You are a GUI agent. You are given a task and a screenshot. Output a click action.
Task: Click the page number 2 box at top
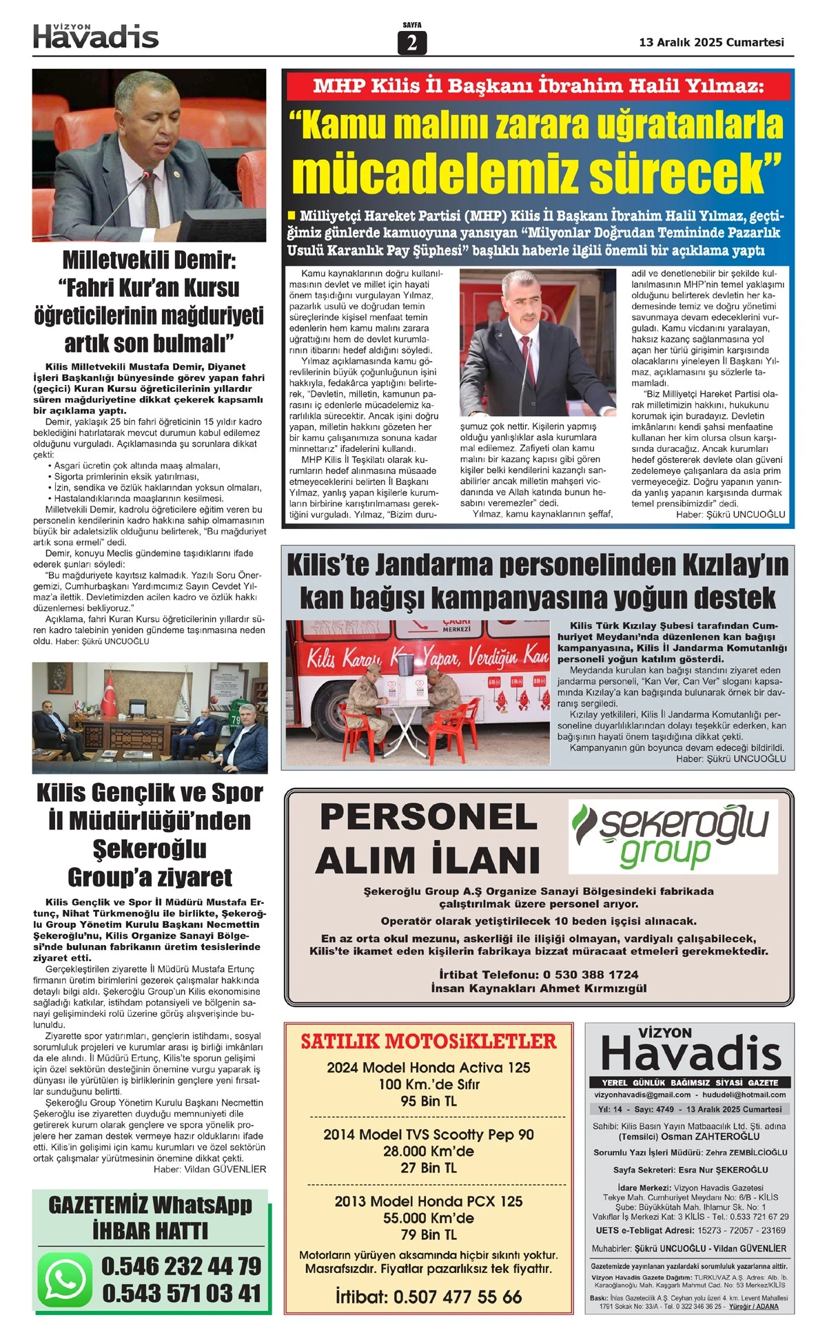click(x=412, y=43)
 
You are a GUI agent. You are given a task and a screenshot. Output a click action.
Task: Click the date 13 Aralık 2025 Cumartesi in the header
click(x=711, y=42)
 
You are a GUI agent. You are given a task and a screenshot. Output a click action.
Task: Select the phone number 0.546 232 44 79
click(x=181, y=1266)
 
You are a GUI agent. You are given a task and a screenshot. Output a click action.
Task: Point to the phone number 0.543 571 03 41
click(x=181, y=1294)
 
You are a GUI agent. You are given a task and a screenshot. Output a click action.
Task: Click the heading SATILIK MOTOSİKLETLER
click(x=428, y=1042)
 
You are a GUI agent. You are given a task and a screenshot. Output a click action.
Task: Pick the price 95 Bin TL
click(x=428, y=1101)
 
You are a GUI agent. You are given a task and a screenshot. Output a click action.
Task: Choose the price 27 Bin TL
click(x=428, y=1168)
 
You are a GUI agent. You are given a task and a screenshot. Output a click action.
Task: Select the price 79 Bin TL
click(x=428, y=1235)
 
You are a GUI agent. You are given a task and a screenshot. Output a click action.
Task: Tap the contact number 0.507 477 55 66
click(x=458, y=1297)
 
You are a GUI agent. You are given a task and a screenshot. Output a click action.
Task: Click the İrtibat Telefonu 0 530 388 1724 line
click(x=538, y=975)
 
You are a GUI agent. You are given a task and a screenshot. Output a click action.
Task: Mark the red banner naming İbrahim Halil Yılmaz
click(x=538, y=86)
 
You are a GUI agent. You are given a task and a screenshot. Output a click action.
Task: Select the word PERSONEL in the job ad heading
click(x=428, y=818)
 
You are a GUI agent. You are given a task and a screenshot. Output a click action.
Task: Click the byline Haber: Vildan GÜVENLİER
click(x=210, y=1169)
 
